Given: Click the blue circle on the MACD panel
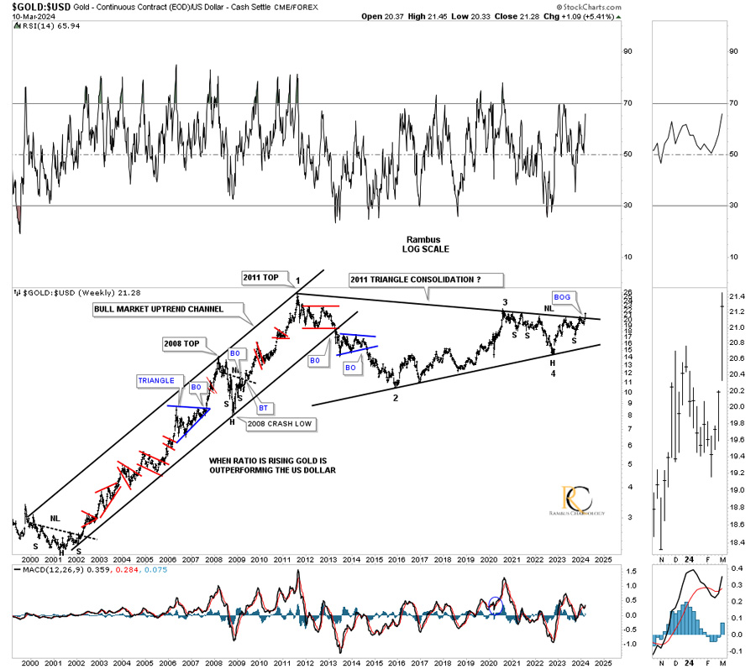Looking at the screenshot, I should coord(494,604).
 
